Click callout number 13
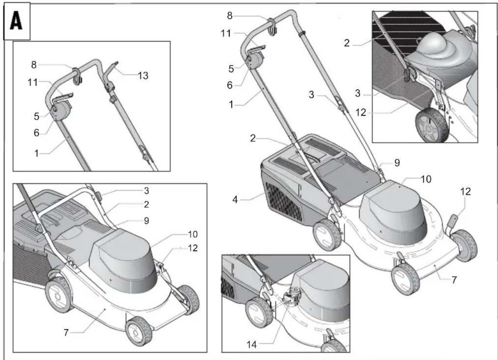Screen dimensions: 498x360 click(x=143, y=76)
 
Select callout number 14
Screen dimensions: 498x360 click(x=252, y=345)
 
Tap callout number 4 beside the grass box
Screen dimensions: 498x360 click(x=235, y=200)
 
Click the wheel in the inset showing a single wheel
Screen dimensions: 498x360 click(x=432, y=125)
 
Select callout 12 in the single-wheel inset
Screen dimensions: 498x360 click(x=361, y=112)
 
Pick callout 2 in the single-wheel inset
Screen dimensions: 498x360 click(x=346, y=43)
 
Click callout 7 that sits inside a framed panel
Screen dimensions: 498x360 click(x=66, y=333)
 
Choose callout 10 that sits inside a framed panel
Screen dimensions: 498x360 click(x=192, y=234)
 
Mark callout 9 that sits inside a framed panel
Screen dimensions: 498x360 click(x=146, y=221)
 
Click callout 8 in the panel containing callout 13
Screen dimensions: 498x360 click(x=34, y=65)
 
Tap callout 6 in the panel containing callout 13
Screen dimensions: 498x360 click(x=36, y=133)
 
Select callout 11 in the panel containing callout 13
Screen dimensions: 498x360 click(x=32, y=83)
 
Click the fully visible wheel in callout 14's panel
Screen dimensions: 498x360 click(x=259, y=313)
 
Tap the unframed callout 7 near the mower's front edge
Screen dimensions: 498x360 click(x=454, y=280)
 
